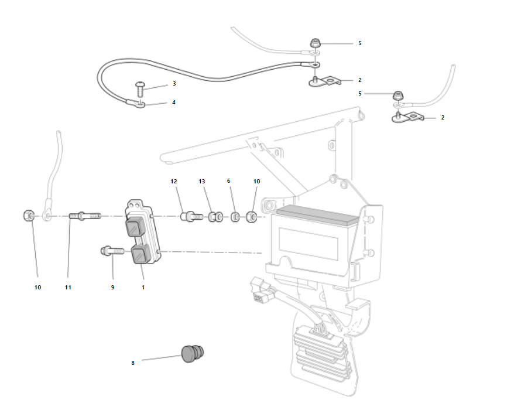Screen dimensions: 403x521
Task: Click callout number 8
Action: tap(133, 363)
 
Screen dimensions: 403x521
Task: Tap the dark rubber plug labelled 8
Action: tap(192, 353)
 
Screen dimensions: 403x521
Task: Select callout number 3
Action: tap(174, 84)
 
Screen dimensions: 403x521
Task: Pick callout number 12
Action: tap(174, 182)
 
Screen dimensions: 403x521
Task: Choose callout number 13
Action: tap(202, 182)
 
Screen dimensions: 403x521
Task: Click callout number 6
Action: tap(228, 182)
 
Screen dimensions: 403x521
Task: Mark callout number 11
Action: tap(68, 288)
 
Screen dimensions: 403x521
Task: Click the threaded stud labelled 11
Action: tap(85, 217)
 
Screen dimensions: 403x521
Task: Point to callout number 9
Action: tap(112, 288)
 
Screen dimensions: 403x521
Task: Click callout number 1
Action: tap(143, 288)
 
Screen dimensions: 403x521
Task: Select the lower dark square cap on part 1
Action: tap(140, 255)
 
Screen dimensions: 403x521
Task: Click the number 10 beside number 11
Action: tap(38, 288)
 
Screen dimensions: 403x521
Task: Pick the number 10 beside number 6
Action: tap(256, 182)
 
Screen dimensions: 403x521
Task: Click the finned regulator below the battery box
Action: tap(319, 351)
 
